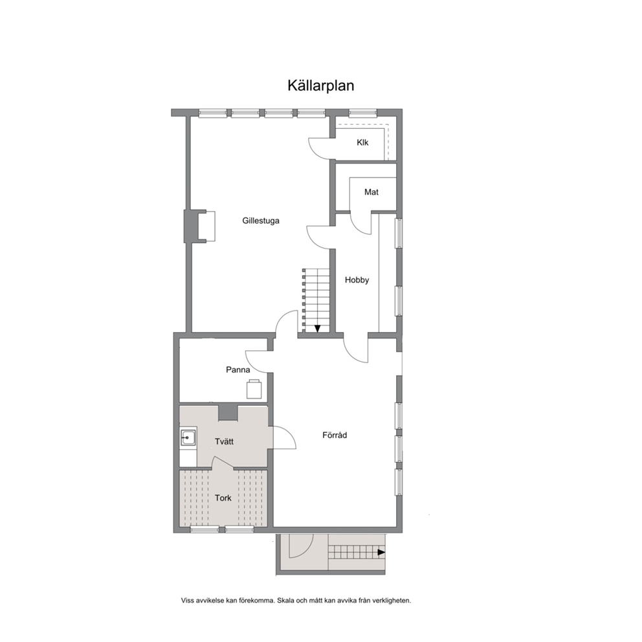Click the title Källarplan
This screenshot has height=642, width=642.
[320, 85]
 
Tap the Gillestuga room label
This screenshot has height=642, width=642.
[261, 221]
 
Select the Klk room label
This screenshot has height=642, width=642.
[362, 142]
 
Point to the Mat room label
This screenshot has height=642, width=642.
[371, 192]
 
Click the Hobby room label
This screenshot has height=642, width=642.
[357, 280]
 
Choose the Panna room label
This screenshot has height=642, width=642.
[238, 370]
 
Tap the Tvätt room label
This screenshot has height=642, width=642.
[225, 441]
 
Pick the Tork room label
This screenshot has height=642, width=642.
[223, 498]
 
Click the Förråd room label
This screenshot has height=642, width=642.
[335, 435]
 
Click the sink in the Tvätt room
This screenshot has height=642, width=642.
[188, 437]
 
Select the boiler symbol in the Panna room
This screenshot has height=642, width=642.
[254, 389]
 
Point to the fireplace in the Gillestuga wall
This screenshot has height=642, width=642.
[200, 227]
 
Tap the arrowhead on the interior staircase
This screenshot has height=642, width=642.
[317, 328]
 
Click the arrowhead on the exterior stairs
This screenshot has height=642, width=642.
[381, 552]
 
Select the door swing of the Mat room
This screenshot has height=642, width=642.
[360, 223]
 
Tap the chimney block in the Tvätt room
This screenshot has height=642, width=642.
[228, 412]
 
